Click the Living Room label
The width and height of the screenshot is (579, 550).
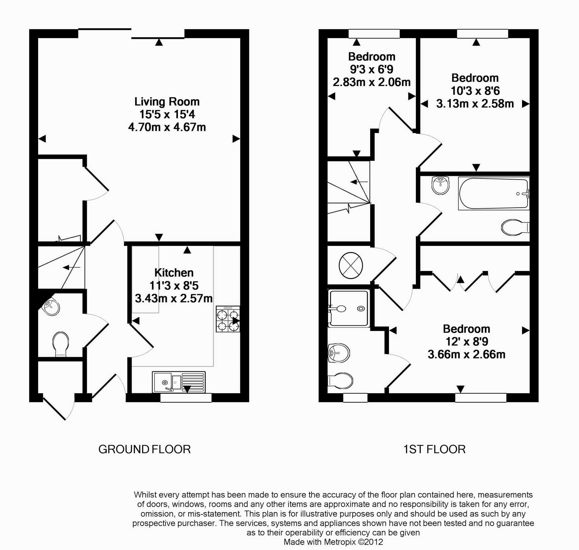point(167,101)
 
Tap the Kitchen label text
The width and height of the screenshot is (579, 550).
point(174,273)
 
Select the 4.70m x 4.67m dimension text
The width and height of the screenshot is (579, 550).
point(167,127)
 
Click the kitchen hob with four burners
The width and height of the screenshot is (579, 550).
point(228,319)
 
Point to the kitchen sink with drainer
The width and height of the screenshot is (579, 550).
point(179,382)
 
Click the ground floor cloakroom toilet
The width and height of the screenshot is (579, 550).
point(61,344)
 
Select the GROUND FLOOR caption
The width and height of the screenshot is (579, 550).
point(144,449)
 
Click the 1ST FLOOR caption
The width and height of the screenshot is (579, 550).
point(434,449)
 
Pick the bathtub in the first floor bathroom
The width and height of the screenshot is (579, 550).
point(494,194)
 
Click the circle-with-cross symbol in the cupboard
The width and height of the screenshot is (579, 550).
point(351,265)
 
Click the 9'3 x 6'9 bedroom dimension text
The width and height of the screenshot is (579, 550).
point(372,69)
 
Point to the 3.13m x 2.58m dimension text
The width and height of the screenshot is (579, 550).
point(475,104)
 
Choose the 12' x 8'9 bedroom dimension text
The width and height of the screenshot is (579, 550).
point(466,342)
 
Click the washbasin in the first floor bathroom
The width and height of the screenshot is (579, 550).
point(440,185)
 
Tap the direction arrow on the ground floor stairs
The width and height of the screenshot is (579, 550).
point(71,267)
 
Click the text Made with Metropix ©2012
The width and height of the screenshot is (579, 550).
point(333,542)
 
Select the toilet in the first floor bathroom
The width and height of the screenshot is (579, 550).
point(514,227)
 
